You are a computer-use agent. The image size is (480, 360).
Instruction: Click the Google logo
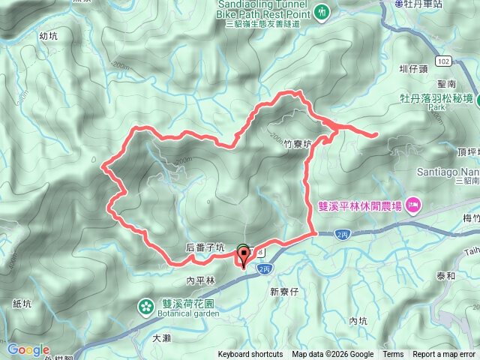(28, 349)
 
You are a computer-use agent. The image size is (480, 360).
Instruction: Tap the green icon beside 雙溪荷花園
(143, 305)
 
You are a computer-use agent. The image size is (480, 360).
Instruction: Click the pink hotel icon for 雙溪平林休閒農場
(413, 205)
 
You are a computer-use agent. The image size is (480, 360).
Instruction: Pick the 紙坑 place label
(22, 304)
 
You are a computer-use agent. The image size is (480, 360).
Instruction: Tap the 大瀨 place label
(162, 339)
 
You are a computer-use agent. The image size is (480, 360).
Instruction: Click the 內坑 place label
(358, 321)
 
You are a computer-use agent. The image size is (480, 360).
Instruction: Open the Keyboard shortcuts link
(250, 355)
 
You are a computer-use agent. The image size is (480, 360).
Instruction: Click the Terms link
(393, 355)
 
